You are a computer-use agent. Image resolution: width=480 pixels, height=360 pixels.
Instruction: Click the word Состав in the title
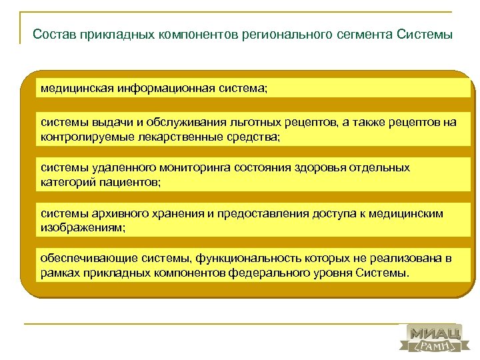[x=54, y=33]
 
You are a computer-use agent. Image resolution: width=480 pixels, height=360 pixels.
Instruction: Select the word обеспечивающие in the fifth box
[x=81, y=259]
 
